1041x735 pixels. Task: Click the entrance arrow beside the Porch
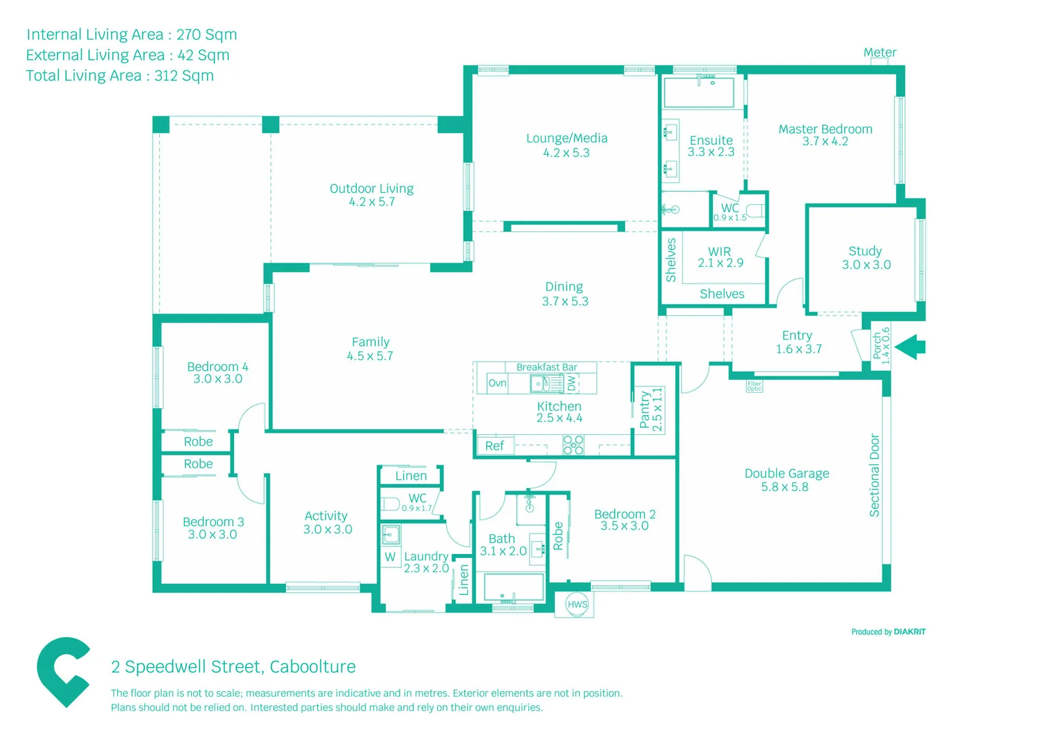[x=911, y=347]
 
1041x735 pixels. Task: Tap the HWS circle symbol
[x=577, y=604]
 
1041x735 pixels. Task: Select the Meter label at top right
[x=880, y=52]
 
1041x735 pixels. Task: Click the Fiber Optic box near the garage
[x=754, y=386]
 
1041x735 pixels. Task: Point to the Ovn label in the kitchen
[x=497, y=383]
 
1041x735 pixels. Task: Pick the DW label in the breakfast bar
[x=572, y=383]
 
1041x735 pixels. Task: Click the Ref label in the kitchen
[x=494, y=446]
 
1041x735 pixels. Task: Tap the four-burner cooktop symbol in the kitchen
[x=573, y=444]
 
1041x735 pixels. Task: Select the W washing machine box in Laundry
[x=390, y=557]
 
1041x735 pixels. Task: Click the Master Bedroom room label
[x=825, y=129]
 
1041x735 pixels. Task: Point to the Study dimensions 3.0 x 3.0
[x=866, y=265]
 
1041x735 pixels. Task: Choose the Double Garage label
[x=786, y=474]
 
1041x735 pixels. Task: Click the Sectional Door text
[x=875, y=475]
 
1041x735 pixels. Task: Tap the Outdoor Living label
[x=372, y=189]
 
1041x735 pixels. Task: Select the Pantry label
[x=644, y=410]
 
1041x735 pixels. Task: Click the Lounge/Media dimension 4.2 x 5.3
[x=566, y=153]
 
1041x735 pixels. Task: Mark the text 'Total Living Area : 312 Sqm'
[x=120, y=76]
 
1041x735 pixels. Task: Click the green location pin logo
[x=63, y=671]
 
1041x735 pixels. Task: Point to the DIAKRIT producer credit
[x=909, y=632]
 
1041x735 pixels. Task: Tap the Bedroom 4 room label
[x=217, y=367]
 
